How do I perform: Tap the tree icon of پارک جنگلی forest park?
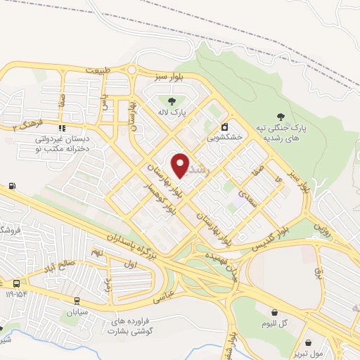coord(282,117)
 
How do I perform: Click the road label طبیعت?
coord(98,71)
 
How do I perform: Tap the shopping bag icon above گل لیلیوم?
coord(274,313)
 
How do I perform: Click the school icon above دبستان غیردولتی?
coord(62,129)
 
